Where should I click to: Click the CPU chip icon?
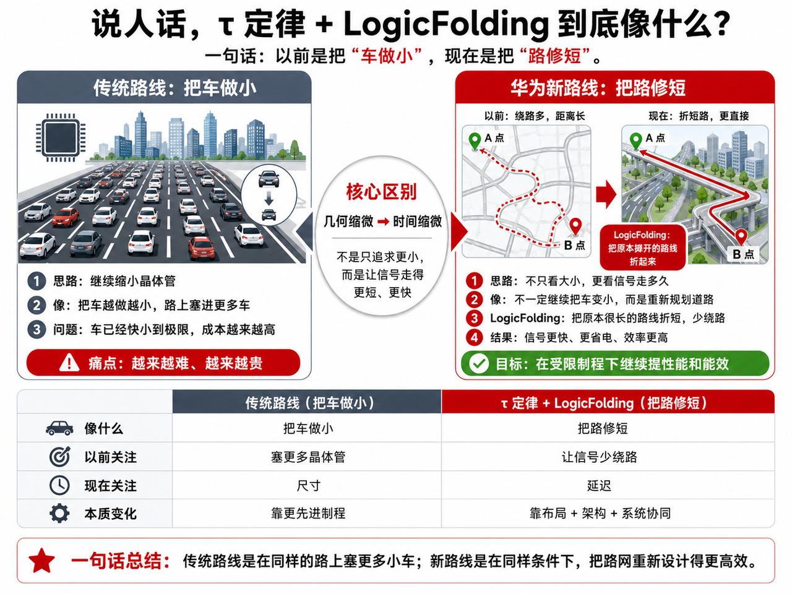click(x=60, y=137)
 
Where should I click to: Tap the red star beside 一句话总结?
click(x=41, y=561)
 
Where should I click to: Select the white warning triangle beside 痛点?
click(x=69, y=363)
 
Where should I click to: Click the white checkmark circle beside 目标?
click(x=479, y=364)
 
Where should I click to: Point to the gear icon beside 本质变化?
click(x=59, y=514)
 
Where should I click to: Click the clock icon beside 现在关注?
click(x=59, y=485)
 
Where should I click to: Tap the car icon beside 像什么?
click(x=59, y=428)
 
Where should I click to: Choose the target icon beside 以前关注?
click(x=59, y=457)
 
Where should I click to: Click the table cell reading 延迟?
click(x=599, y=486)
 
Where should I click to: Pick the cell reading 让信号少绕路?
click(x=600, y=457)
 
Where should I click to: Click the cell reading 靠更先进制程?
click(x=308, y=513)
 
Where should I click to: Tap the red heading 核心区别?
click(x=381, y=192)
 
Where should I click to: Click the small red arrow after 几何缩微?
click(x=383, y=222)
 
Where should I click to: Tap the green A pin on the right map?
click(x=635, y=141)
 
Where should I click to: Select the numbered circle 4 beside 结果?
click(x=474, y=337)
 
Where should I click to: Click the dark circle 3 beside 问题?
click(x=37, y=329)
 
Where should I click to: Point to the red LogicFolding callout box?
click(x=643, y=247)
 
